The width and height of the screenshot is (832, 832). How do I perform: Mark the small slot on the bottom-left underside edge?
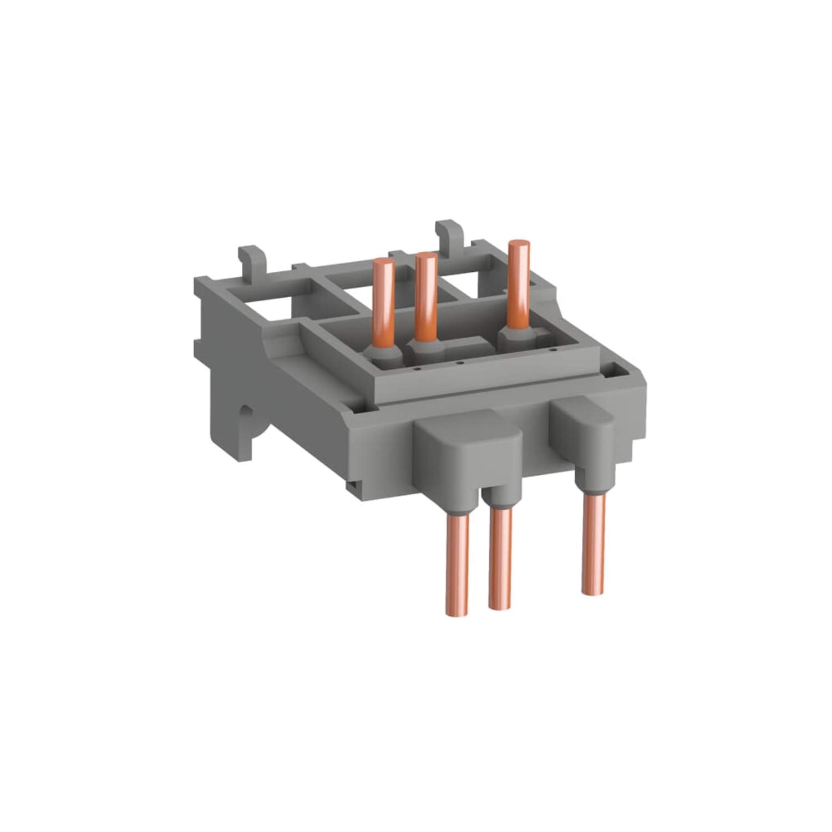353,485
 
